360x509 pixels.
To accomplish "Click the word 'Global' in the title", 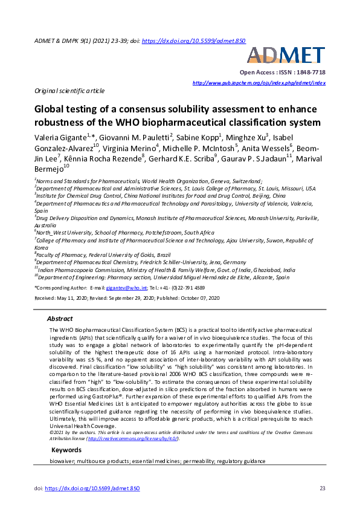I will tap(50, 111).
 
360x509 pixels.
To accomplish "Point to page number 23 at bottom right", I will tap(322, 488).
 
